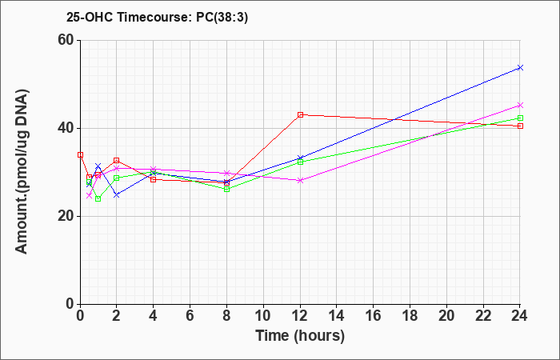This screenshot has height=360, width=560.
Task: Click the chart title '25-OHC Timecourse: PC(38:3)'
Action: coord(157,17)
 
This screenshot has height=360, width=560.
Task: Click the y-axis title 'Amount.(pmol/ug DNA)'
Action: coord(22,172)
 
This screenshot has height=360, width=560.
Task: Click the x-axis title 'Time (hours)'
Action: coord(300,336)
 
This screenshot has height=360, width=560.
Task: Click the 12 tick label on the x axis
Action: coord(300,315)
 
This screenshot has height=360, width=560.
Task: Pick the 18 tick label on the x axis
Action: coord(410,315)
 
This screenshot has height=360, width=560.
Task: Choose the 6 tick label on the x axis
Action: coord(190,315)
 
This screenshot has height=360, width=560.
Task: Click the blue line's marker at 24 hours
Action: coord(520,67)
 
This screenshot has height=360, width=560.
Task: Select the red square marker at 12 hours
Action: coord(300,114)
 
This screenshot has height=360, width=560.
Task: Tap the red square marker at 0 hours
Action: coord(80,154)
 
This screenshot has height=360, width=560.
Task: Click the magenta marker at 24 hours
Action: coord(520,105)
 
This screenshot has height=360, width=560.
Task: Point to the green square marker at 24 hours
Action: coord(520,118)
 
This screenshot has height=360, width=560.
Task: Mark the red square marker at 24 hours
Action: coord(520,126)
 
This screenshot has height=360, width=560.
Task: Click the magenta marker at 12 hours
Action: coord(300,180)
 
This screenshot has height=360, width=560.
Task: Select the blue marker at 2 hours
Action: coord(117,195)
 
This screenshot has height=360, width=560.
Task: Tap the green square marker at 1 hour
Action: coord(98,198)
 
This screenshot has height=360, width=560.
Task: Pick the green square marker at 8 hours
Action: coord(226,190)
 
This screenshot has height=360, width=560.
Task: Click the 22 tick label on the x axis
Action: coord(483,315)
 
